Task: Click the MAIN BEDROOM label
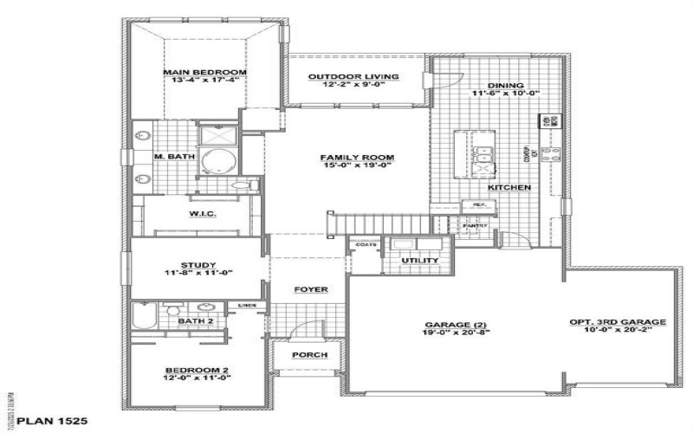(x=206, y=72)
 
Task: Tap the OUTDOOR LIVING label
(x=353, y=76)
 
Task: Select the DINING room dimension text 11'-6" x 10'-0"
(x=506, y=94)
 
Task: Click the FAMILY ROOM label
(x=357, y=157)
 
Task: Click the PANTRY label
(x=476, y=226)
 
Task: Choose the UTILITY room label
(x=419, y=261)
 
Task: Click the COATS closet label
(x=365, y=245)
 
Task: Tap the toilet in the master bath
(x=250, y=184)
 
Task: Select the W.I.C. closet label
(x=201, y=214)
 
